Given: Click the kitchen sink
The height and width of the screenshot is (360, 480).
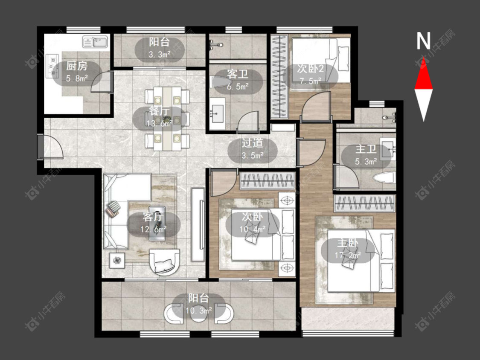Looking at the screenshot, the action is pyautogui.click(x=95, y=42).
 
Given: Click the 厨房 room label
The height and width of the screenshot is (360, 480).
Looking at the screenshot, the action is pyautogui.click(x=77, y=66).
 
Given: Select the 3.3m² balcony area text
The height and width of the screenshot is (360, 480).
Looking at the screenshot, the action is pyautogui.click(x=160, y=55).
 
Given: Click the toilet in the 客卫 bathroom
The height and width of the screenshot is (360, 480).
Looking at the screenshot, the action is pyautogui.click(x=219, y=82).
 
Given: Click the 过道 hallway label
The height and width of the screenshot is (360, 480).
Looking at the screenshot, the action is pyautogui.click(x=252, y=143).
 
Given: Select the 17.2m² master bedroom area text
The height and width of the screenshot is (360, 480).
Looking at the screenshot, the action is pyautogui.click(x=347, y=255).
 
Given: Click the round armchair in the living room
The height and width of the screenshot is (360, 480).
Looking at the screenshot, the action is pyautogui.click(x=164, y=262).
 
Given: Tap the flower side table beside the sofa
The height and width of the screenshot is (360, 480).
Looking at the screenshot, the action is pyautogui.click(x=117, y=261).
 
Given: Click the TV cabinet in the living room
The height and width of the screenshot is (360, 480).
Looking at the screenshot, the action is pyautogui.click(x=198, y=225).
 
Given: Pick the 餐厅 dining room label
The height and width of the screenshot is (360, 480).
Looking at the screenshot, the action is pyautogui.click(x=159, y=111).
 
